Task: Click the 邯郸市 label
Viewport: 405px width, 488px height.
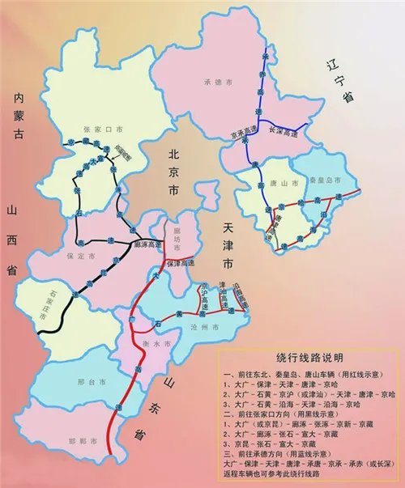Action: tap(79, 440)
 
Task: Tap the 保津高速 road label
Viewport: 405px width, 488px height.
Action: tap(181, 264)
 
